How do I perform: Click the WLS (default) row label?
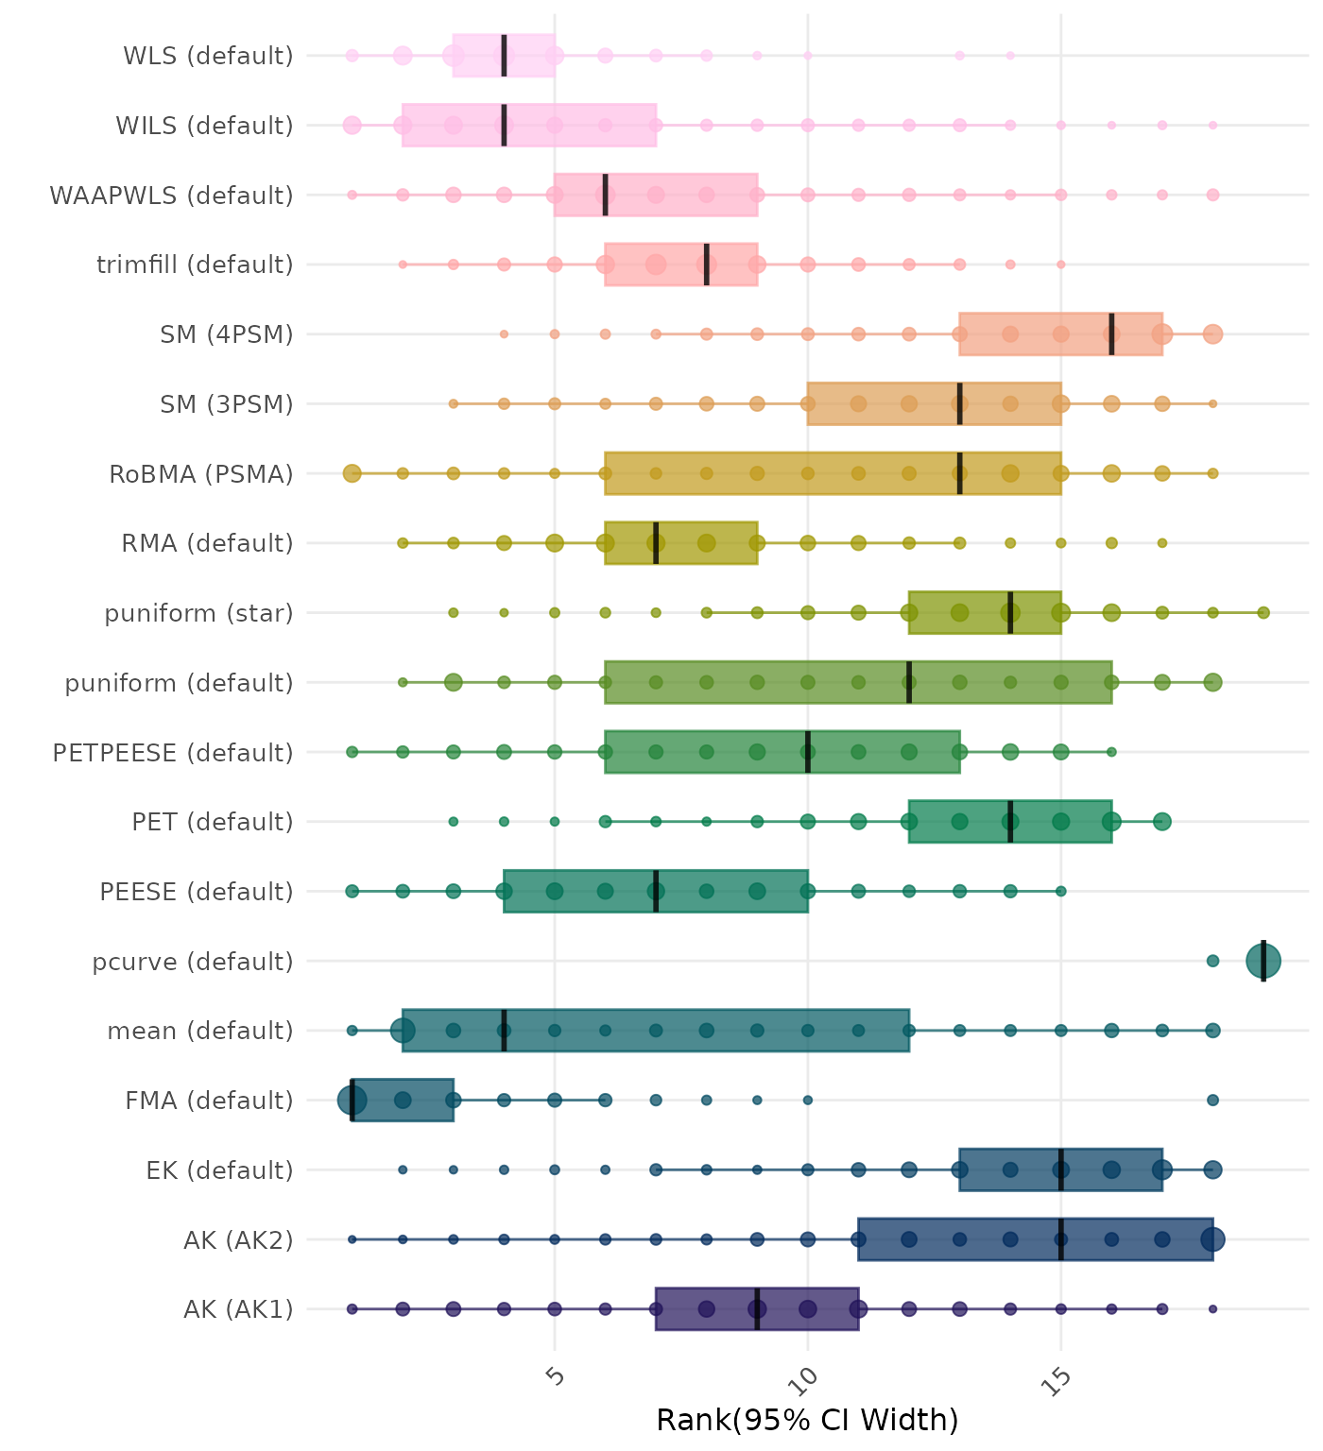click(208, 56)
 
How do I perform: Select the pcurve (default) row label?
click(193, 962)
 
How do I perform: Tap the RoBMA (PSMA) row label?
click(201, 473)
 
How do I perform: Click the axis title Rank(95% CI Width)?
click(807, 1420)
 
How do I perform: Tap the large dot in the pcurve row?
click(1263, 961)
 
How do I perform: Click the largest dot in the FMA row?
click(352, 1100)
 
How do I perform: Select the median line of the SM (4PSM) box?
click(1111, 333)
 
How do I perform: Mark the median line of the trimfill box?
click(706, 265)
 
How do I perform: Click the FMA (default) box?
click(416, 1100)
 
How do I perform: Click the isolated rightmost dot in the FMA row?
click(1212, 1100)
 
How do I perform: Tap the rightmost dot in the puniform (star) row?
click(1263, 613)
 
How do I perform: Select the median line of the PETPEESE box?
click(808, 752)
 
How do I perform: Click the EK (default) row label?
click(219, 1170)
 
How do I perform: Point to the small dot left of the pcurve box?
click(1212, 961)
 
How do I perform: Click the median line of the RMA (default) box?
click(656, 543)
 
